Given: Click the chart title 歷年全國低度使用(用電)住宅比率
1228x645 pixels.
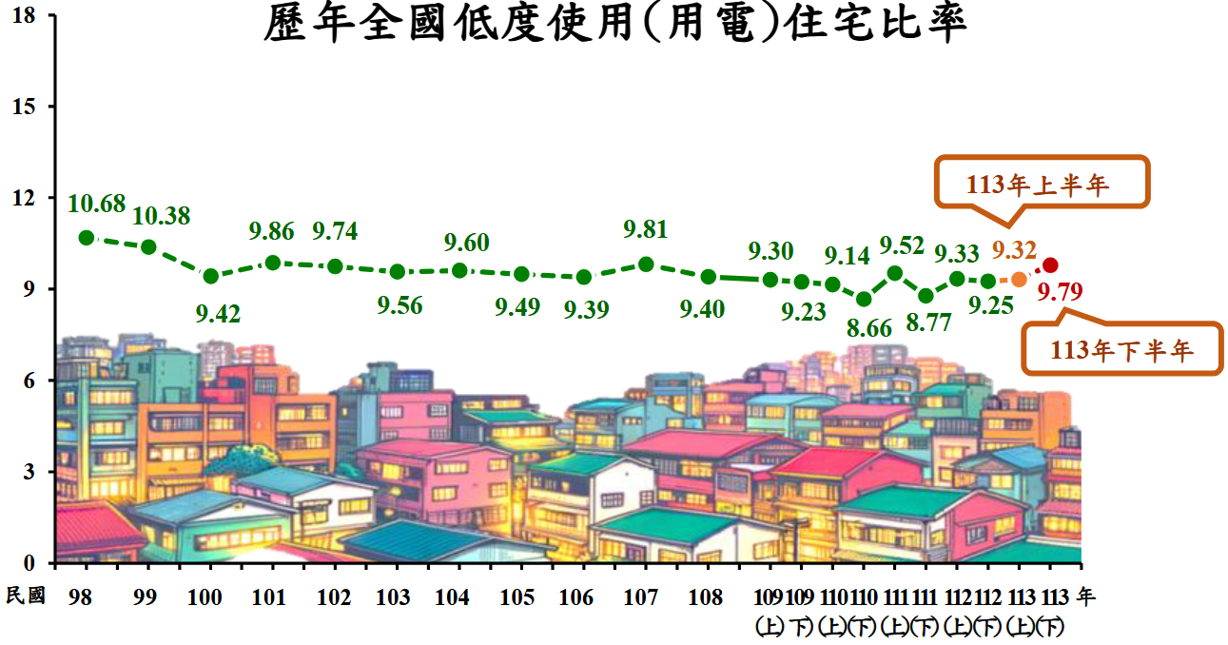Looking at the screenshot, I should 614,25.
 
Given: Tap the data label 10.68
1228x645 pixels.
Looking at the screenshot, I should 97,204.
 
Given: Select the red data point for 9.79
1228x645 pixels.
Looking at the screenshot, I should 1050,265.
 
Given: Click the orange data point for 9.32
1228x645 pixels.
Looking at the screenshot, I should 1019,279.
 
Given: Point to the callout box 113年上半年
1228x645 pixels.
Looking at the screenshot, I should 1043,183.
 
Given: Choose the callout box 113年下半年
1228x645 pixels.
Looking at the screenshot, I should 1121,351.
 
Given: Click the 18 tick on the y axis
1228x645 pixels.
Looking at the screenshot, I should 27,15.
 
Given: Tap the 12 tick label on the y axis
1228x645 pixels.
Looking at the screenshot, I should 27,198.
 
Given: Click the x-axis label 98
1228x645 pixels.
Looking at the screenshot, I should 82,597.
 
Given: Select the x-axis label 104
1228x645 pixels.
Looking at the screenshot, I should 452,597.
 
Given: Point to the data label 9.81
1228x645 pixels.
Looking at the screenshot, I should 645,229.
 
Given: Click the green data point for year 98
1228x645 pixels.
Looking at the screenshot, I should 87,238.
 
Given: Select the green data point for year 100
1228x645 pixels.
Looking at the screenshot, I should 211,276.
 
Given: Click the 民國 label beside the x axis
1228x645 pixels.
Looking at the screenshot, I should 26,596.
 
